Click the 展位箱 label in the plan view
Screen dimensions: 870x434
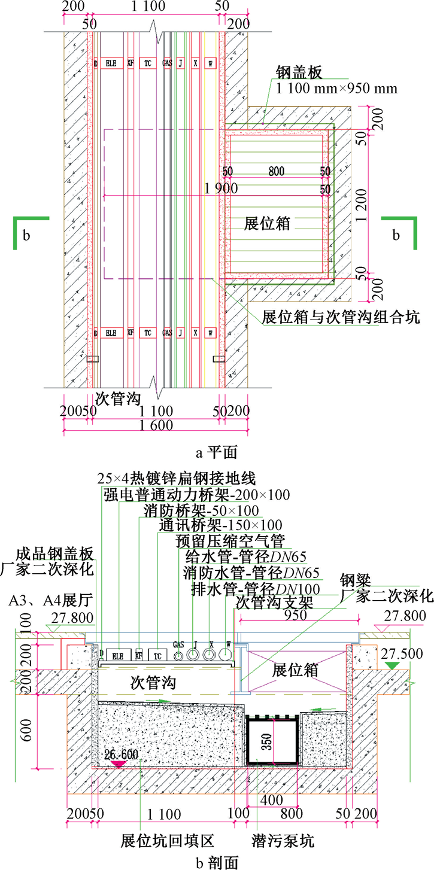tap(268, 224)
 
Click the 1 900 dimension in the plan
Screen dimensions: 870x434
tap(221, 188)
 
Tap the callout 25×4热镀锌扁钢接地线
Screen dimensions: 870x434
tap(177, 479)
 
